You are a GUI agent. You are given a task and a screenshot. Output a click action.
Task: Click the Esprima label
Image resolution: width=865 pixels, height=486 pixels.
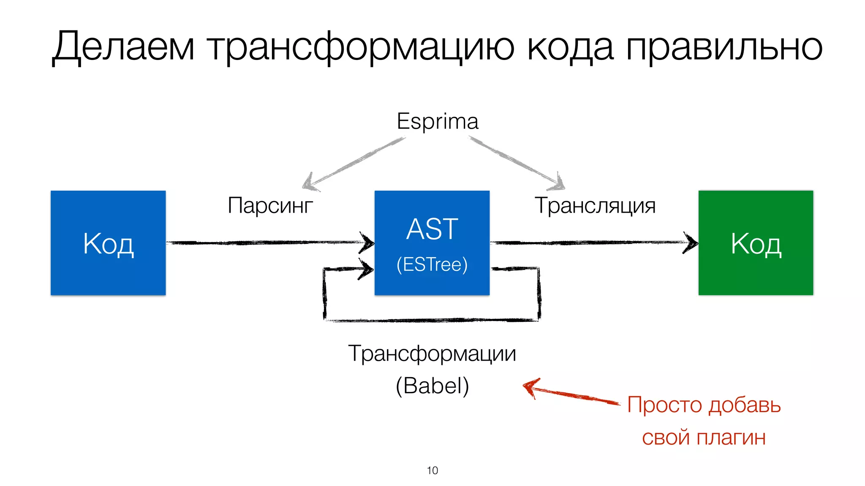[x=438, y=121]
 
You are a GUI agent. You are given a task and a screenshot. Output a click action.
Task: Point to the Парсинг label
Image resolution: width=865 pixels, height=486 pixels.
[x=270, y=205]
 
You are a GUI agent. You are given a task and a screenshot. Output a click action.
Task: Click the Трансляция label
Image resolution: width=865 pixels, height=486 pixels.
[x=595, y=205]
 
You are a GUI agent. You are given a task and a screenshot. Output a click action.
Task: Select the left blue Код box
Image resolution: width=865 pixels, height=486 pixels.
[x=108, y=243]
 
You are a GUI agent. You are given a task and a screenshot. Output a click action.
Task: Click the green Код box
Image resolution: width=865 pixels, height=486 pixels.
[x=756, y=243]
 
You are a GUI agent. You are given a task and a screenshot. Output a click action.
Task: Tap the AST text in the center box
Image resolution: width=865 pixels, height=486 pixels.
[x=432, y=229]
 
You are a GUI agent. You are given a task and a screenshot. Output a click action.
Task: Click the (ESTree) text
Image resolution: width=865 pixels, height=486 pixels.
[x=432, y=265]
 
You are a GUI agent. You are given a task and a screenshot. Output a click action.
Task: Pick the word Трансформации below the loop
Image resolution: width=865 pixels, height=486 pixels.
[x=432, y=353]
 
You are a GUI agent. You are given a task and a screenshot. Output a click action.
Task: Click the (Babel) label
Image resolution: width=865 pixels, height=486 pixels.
[x=432, y=385]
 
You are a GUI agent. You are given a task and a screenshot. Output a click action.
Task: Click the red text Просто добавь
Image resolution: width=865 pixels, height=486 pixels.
[x=704, y=405]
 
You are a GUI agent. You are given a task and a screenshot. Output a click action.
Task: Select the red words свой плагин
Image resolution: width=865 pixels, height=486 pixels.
[x=704, y=437]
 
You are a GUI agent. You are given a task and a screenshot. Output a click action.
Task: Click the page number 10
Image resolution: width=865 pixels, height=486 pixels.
[x=432, y=470]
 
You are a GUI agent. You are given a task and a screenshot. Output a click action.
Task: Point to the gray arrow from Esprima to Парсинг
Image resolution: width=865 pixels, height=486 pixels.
[x=355, y=162]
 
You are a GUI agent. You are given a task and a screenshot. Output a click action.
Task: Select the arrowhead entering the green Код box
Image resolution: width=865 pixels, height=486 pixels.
[x=691, y=243]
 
